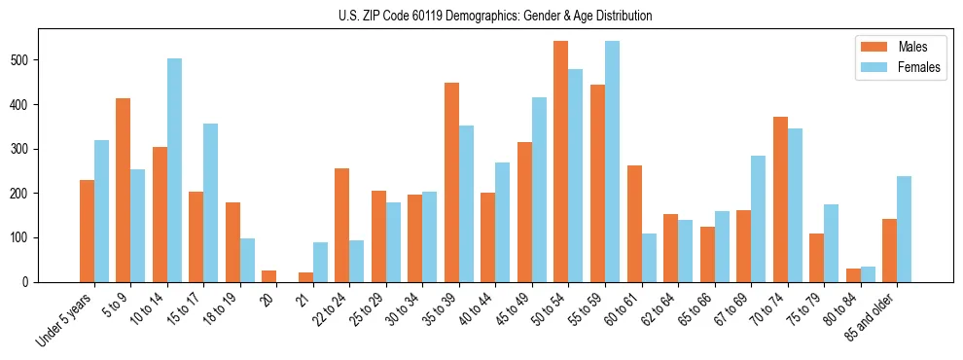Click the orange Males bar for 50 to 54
tap(561, 162)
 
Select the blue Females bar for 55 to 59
tap(612, 162)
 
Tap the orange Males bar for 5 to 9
tap(124, 190)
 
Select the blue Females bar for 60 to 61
tap(649, 258)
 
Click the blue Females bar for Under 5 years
tap(101, 211)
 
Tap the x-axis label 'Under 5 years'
tap(65, 318)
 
